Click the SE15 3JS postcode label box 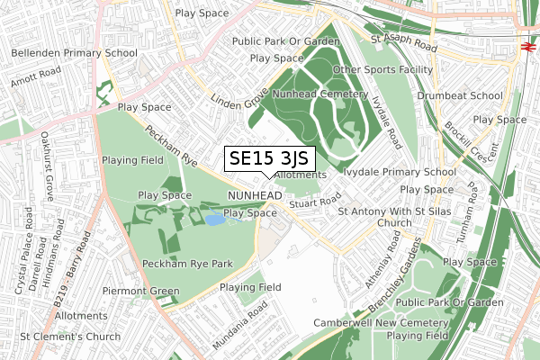pos(270,158)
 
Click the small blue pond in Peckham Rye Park pos(215,220)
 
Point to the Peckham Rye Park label pos(187,264)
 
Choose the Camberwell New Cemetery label pos(381,322)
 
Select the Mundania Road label pos(240,327)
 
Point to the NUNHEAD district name pos(256,195)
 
